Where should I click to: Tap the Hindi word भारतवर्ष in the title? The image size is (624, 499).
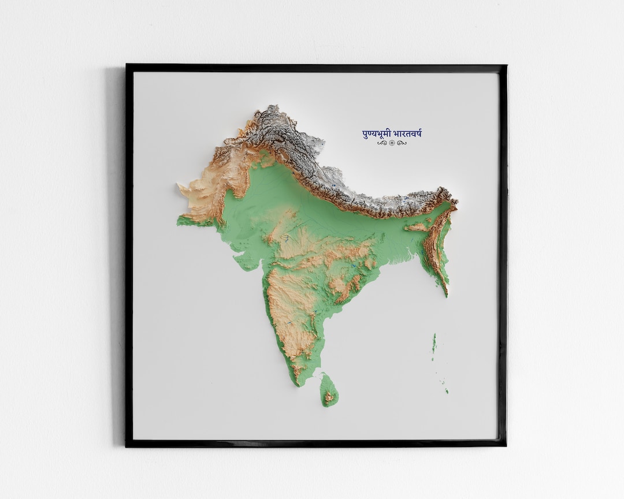click(x=408, y=134)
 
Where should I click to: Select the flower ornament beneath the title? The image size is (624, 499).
click(x=392, y=143)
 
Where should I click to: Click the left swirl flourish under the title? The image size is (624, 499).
click(x=382, y=143)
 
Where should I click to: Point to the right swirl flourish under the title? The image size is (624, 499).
click(x=402, y=143)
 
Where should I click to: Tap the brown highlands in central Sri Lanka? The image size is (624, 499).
click(x=329, y=396)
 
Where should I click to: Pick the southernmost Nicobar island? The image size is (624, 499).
click(x=447, y=392)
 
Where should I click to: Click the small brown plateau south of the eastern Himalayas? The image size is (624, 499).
click(x=417, y=227)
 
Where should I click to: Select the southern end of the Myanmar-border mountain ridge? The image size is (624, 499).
click(x=446, y=295)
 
